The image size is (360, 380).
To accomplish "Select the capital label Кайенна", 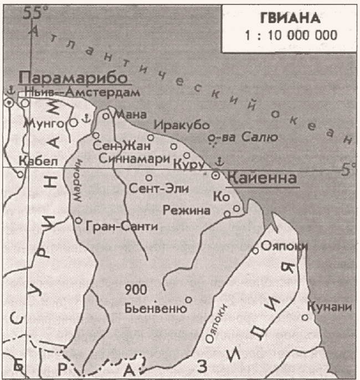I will (x=261, y=179).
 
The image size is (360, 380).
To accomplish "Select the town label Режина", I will (x=187, y=211).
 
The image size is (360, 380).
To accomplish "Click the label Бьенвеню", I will (x=156, y=308).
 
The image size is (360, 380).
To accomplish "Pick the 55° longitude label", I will (x=33, y=14).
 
